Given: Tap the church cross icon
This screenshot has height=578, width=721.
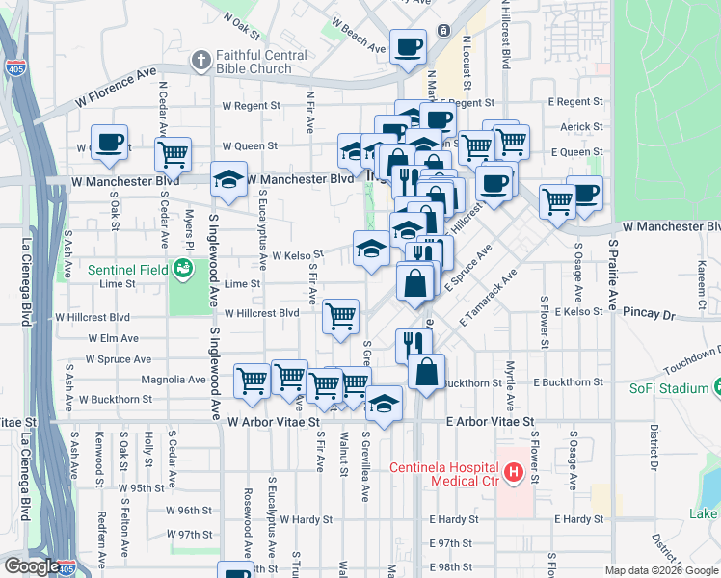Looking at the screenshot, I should (x=200, y=61).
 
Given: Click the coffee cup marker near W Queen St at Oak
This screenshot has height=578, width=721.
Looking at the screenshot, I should (x=109, y=143).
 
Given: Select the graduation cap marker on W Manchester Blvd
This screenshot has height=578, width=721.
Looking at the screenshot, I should (x=228, y=181).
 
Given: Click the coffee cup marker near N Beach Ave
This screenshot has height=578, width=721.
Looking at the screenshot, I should (x=408, y=45).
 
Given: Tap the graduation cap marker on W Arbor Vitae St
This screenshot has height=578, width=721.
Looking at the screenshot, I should (x=384, y=405).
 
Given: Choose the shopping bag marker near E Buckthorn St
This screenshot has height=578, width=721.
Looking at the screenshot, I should (x=426, y=372).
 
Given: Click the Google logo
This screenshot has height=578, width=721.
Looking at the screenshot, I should (x=32, y=566).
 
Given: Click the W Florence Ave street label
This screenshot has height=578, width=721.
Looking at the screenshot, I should (x=116, y=89).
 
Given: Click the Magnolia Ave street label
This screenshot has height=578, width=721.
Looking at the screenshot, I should (x=173, y=380).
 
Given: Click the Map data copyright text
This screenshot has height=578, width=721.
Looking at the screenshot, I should (x=660, y=570).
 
